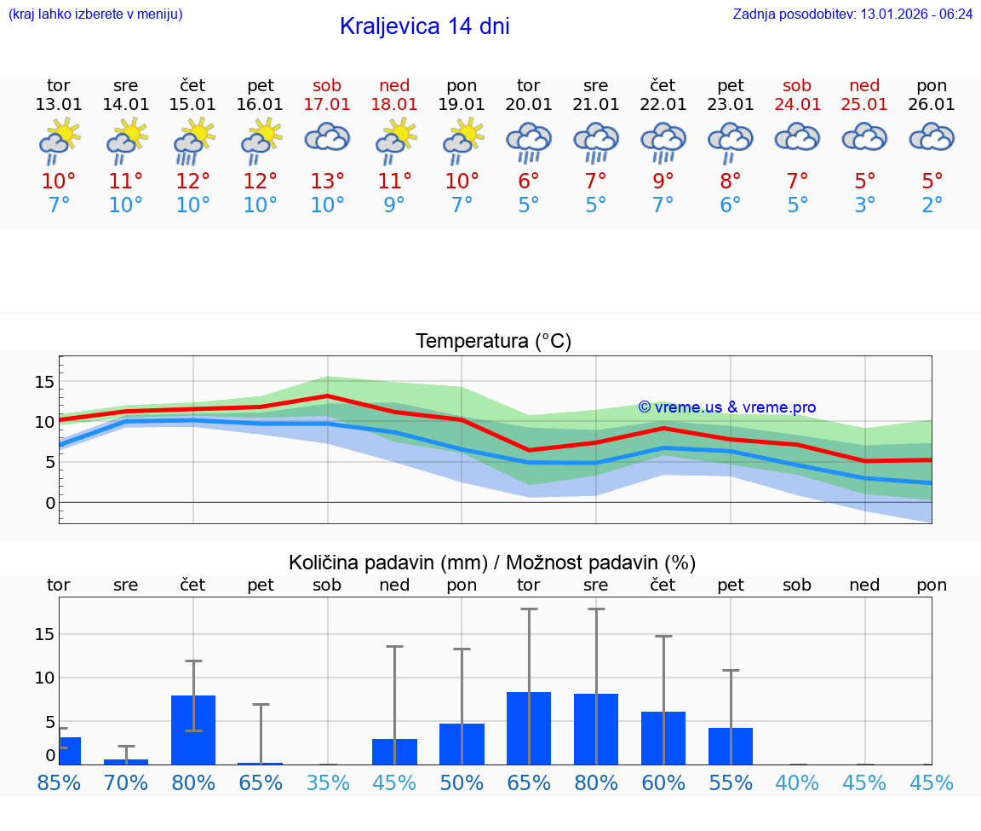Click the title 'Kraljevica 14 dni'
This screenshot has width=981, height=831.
[x=424, y=26]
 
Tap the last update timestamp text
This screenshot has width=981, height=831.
[x=852, y=14]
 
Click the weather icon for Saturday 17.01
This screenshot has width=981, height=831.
[x=328, y=139]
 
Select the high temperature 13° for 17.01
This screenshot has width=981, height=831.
[x=328, y=181]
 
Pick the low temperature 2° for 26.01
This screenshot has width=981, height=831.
[x=932, y=205]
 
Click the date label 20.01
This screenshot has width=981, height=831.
[x=529, y=105]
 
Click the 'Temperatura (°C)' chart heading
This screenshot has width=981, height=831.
[x=493, y=342]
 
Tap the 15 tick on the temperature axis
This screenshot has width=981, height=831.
[x=44, y=381]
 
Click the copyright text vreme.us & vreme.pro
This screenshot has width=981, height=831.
[x=727, y=407]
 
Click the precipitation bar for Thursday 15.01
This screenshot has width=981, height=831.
[x=193, y=730]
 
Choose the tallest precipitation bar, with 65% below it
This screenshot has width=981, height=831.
[x=529, y=728]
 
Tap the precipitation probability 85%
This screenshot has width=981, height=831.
[x=59, y=782]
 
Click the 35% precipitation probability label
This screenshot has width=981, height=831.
[x=328, y=782]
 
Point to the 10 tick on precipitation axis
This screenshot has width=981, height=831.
[x=44, y=678]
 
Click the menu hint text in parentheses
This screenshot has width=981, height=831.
[x=95, y=14]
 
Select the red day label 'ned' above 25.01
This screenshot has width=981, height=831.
[x=864, y=86]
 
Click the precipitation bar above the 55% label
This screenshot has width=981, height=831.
[x=731, y=746]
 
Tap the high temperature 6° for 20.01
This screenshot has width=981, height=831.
[x=529, y=181]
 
